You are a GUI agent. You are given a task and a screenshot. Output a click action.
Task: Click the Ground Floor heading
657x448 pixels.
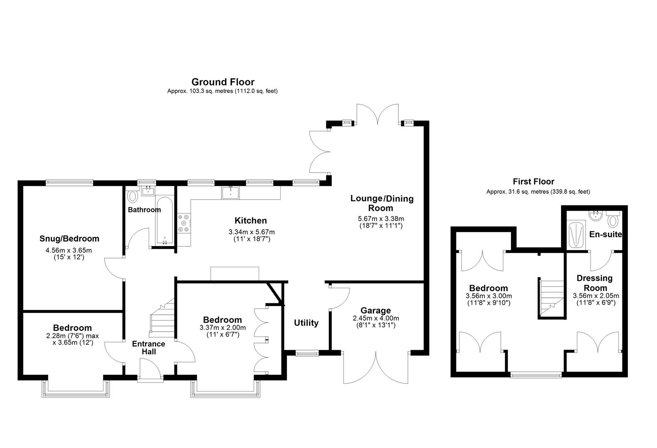coord(223,82)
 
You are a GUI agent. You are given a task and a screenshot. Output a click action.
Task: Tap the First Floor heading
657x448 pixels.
coord(533,181)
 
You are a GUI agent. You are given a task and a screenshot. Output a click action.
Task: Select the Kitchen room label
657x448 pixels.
coord(250,221)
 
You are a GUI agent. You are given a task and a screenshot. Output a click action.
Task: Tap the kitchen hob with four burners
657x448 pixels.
coord(183,223)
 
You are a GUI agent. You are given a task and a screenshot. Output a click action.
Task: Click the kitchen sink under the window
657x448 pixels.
coord(230,192)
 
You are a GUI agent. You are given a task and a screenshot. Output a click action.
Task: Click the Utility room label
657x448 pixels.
coord(306,323)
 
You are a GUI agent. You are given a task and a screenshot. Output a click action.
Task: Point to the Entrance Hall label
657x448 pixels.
coord(149,348)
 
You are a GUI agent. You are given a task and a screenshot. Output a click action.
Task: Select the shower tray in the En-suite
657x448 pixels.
coord(576,235)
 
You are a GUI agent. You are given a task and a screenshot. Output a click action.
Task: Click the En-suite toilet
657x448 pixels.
coord(613,219)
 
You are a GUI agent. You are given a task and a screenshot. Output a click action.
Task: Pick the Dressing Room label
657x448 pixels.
coord(595,283)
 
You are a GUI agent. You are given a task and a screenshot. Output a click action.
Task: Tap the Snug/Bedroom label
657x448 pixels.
coord(69,239)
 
